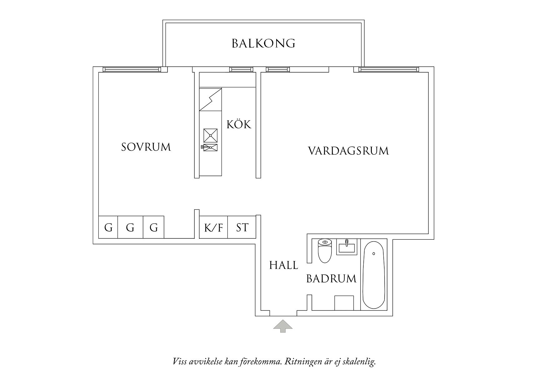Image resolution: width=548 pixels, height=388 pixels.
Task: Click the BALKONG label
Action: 263,43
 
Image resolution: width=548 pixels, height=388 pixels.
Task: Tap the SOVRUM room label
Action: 146,147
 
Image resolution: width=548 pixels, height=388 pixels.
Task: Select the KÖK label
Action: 239,125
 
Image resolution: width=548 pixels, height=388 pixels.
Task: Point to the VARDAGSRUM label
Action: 348,151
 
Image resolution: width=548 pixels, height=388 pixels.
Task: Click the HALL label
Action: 284,265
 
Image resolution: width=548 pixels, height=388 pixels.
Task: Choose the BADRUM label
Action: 331,278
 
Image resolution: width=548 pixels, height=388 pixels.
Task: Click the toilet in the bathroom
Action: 325,250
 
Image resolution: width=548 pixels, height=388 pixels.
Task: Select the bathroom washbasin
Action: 346,247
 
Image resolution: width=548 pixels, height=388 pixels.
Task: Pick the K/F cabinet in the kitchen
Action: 213,227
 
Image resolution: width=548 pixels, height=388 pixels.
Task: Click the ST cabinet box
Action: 242,227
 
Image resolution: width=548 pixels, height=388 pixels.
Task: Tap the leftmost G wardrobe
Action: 108,227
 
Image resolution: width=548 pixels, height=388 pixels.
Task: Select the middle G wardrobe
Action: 130,227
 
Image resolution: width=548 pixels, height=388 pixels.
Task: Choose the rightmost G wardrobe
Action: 153,227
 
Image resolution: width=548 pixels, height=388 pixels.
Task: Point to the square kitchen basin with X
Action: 210,135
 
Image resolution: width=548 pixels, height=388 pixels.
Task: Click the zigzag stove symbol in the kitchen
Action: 210,100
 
